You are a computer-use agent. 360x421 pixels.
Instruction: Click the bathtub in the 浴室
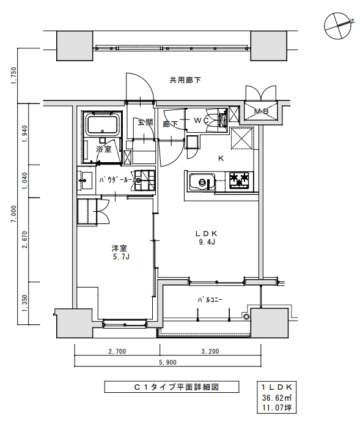point(103,125)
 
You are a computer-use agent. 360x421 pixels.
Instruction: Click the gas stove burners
point(240,179)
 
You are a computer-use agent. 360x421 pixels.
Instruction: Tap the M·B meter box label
point(261,111)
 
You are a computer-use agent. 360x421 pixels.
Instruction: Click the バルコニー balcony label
point(209,300)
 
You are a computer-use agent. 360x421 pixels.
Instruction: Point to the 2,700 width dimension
point(117,352)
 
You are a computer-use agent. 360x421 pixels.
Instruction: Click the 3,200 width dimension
point(209,352)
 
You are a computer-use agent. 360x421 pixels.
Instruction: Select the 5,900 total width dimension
point(167,362)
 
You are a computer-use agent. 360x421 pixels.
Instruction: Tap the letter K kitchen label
point(221,158)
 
